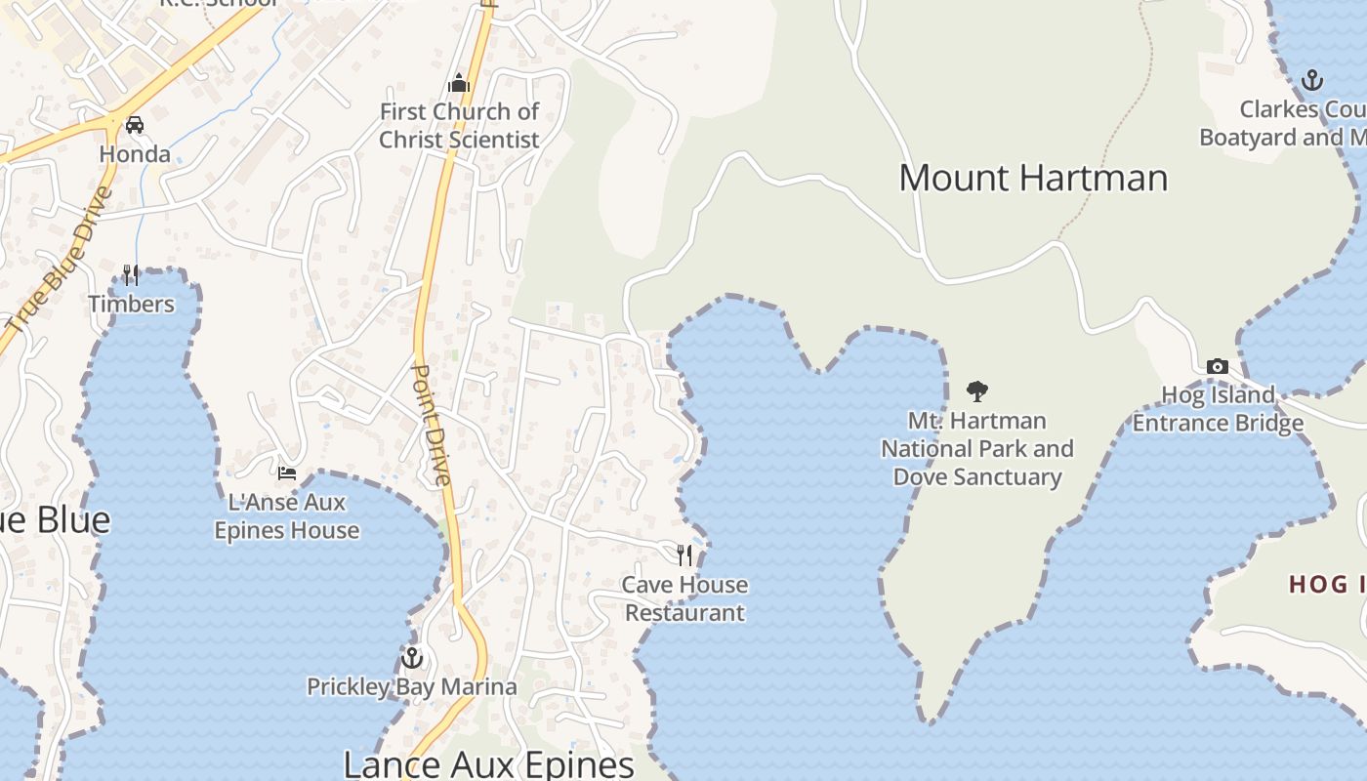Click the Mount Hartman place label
[x=1033, y=178]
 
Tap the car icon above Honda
[x=135, y=125]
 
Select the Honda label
[x=135, y=154]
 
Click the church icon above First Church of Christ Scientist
[x=459, y=83]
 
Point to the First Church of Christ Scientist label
[x=459, y=126]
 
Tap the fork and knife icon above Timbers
[x=131, y=275]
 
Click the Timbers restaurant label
[x=131, y=304]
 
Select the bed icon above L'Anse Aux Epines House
[x=286, y=473]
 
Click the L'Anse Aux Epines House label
[x=286, y=516]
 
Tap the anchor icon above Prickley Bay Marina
[x=412, y=657]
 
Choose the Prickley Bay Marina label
[x=412, y=686]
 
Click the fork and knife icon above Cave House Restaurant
[x=685, y=555]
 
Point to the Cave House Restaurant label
[x=685, y=598]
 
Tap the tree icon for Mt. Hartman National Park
[x=976, y=392]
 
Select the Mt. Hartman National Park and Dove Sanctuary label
[x=976, y=449]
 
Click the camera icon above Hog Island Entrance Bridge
[x=1218, y=366]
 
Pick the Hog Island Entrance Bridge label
[x=1218, y=409]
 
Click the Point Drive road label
[x=431, y=425]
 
